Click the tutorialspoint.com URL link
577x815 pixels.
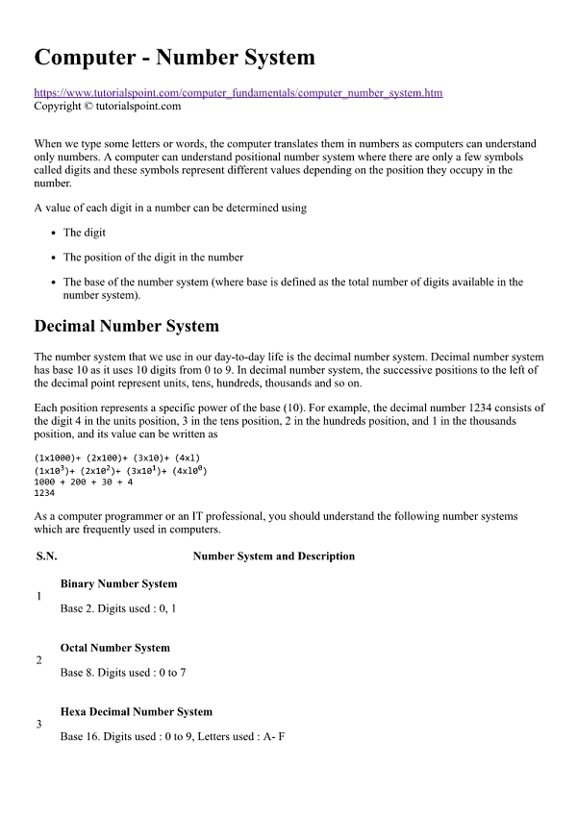(238, 93)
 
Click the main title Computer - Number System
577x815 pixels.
(174, 58)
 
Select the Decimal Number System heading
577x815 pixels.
(126, 326)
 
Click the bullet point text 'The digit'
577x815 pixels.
(85, 233)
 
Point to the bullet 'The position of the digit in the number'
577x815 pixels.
(153, 257)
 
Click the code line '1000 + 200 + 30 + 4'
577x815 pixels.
(83, 482)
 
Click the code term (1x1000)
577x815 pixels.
(57, 458)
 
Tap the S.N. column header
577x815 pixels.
(46, 556)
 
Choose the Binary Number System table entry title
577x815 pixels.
(118, 584)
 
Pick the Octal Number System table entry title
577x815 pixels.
(114, 648)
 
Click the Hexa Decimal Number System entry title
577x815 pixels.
(136, 712)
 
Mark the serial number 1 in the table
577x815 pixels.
(38, 597)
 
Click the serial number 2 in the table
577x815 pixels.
(38, 660)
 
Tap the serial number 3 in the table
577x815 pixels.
(38, 724)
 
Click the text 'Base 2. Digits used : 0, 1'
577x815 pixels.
(117, 609)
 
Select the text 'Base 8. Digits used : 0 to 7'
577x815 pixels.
(122, 673)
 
